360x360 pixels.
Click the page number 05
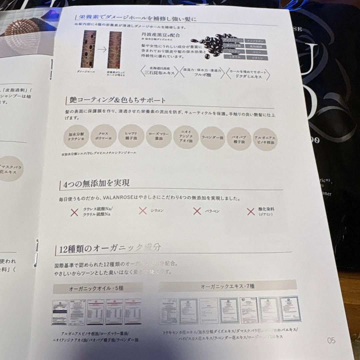(331, 340)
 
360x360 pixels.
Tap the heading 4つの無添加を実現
(94, 183)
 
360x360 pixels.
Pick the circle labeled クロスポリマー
(103, 136)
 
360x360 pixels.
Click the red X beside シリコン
(143, 210)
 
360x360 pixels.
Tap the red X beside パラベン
(197, 211)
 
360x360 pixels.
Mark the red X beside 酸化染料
(251, 211)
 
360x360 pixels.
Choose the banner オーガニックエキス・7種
(228, 286)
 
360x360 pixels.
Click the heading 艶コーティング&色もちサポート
(118, 100)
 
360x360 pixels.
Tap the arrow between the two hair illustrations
(102, 50)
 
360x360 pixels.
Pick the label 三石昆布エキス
(157, 73)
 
